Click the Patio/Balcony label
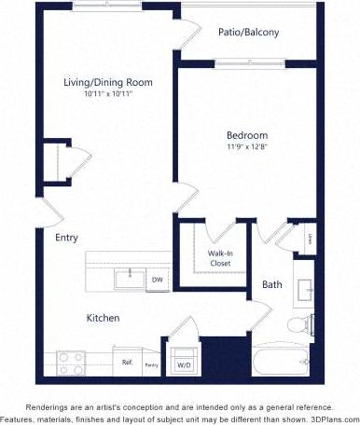tap(249, 33)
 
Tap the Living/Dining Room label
tap(108, 82)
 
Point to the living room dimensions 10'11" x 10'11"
tap(108, 94)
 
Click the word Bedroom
tap(247, 134)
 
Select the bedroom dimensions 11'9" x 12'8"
tap(247, 146)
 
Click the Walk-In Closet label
tap(220, 258)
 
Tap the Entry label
tap(66, 238)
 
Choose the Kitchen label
tap(103, 318)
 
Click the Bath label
tap(271, 284)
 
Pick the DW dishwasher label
tap(158, 280)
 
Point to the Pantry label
tap(150, 365)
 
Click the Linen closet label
tap(308, 240)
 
